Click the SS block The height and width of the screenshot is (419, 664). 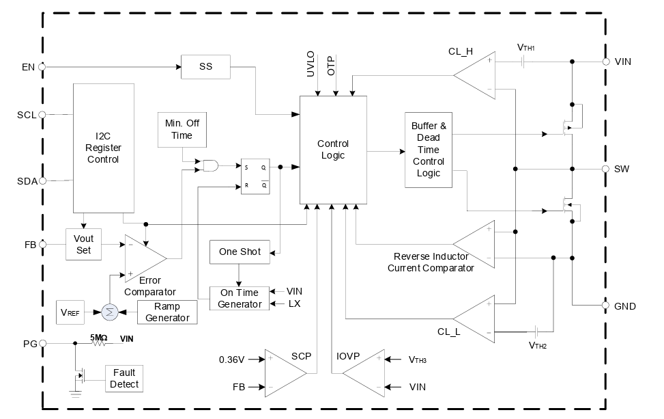click(205, 67)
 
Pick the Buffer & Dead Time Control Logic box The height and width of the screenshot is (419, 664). click(428, 150)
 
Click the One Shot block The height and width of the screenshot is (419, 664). click(240, 252)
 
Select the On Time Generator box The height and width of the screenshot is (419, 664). click(240, 298)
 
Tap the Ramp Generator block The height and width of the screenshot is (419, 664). click(167, 312)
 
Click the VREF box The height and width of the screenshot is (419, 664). click(68, 312)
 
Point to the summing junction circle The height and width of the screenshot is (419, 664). click(109, 312)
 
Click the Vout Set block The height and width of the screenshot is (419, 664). click(84, 244)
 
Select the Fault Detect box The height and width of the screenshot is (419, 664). click(124, 378)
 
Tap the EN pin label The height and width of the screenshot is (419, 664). click(28, 67)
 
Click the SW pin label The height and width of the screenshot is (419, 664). click(621, 168)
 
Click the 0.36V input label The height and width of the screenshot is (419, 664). click(232, 359)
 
